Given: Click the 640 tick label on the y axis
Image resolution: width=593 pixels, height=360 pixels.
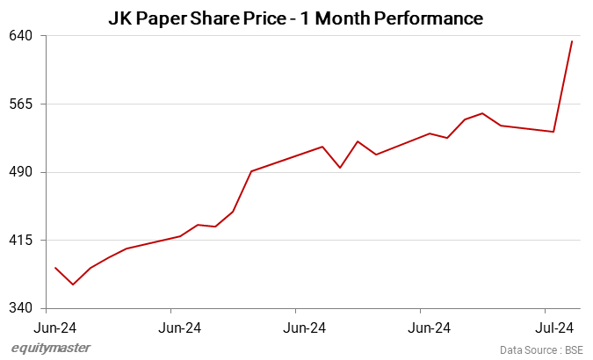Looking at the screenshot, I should (21, 36).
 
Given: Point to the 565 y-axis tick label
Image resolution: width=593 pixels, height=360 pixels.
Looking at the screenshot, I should (21, 104).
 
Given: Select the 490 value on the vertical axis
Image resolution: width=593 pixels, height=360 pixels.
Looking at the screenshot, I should (21, 172).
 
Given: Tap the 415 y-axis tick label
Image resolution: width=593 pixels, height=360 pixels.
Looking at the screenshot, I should (21, 240).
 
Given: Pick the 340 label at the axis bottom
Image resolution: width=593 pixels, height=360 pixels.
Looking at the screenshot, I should (21, 308).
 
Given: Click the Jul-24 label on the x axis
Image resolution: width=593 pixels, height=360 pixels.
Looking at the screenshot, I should (554, 328).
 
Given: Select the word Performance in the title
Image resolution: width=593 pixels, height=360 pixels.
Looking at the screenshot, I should (427, 18).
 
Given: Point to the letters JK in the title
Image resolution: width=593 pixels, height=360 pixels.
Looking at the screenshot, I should (120, 18).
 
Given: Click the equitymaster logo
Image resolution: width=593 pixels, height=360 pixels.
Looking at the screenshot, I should (50, 349).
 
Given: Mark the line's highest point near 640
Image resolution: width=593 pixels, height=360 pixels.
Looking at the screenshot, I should (572, 41).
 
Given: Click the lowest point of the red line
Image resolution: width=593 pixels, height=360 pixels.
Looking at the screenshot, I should (73, 284).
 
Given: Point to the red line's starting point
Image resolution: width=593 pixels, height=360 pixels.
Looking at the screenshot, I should (55, 268).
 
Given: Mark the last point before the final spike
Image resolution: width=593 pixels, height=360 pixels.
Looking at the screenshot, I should (553, 132).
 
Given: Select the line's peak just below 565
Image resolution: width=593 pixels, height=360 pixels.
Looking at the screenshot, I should (482, 113).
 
